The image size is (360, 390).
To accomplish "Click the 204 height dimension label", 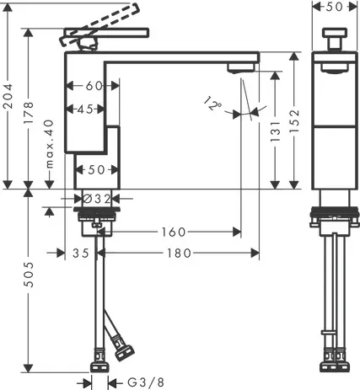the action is point(8,96).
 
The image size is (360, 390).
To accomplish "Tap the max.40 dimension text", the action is point(50,143).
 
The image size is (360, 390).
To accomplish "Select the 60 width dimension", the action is point(94,86).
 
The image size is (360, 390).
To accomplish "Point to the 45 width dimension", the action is point(85,109).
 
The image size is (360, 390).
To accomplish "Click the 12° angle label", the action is point(212,104).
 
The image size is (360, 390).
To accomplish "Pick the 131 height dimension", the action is point(275,131).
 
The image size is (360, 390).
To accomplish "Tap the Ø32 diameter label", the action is point(97,199).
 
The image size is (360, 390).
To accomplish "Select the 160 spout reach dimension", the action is point(174,232).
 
